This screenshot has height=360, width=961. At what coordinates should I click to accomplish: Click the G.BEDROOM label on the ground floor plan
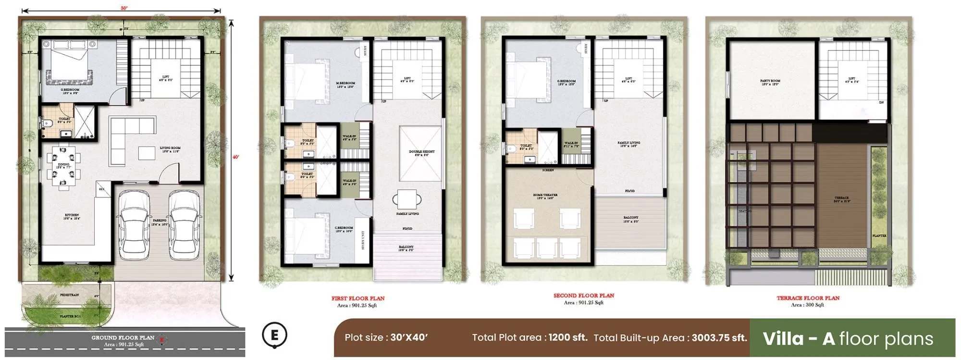[70, 90]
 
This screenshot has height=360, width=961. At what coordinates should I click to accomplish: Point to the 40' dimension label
[235, 157]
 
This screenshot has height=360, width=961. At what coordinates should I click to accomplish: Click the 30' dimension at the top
[124, 8]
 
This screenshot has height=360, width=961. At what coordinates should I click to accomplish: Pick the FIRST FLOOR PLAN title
[357, 298]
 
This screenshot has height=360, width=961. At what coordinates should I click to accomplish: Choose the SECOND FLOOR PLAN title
[583, 296]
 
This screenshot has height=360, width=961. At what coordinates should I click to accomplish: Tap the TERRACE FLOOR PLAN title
[808, 298]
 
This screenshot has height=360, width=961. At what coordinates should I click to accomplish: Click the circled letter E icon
[274, 335]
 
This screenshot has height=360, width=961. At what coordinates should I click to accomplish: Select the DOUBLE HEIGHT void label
[421, 152]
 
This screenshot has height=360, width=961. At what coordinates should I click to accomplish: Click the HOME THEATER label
[545, 195]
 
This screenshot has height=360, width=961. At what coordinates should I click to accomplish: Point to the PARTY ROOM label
[770, 81]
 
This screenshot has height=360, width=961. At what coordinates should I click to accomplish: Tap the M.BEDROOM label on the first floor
[345, 84]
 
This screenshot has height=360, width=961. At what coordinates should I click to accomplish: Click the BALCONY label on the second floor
[630, 218]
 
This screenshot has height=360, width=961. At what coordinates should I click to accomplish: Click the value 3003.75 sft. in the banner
[719, 337]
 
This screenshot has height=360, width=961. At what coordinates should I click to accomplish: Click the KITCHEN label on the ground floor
[72, 215]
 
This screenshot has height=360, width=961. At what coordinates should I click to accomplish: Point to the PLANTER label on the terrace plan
[879, 236]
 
